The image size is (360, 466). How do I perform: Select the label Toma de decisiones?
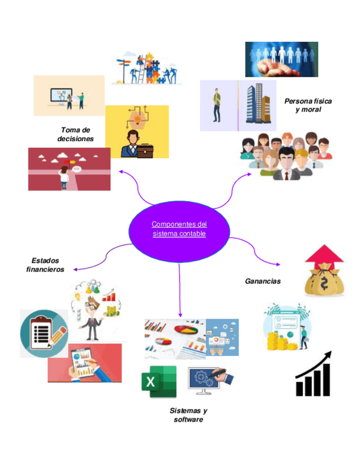click(75, 135)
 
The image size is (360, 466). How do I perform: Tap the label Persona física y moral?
click(308, 105)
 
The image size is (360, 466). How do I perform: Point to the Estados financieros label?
click(45, 265)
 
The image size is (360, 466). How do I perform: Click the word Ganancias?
click(262, 281)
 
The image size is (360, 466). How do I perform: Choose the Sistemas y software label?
click(188, 415)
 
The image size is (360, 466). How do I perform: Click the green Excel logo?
click(158, 382)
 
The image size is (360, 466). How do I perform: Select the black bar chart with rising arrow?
click(314, 374)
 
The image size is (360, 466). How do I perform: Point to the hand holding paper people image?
click(281, 59)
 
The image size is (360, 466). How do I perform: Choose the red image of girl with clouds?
click(69, 169)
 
